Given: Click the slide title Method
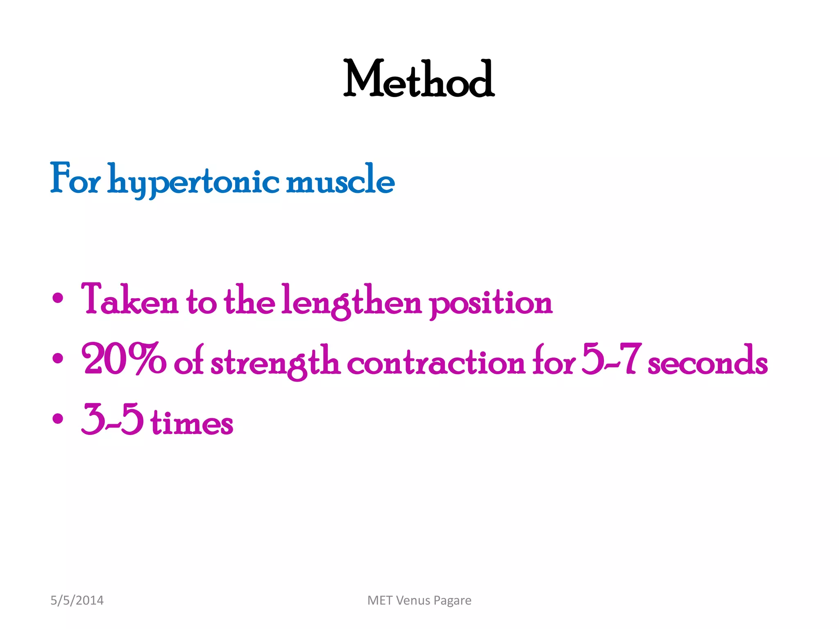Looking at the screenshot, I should pyautogui.click(x=419, y=79).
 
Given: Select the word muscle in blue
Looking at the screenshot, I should pyautogui.click(x=340, y=180).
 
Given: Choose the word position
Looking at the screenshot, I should pyautogui.click(x=491, y=303).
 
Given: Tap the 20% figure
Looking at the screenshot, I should pyautogui.click(x=124, y=360).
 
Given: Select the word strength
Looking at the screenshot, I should pyautogui.click(x=275, y=362).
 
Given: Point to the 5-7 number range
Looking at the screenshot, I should pyautogui.click(x=610, y=360).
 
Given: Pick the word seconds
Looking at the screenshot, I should pyautogui.click(x=707, y=362).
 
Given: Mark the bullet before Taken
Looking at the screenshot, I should pyautogui.click(x=58, y=299).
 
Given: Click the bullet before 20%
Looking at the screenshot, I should pyautogui.click(x=58, y=359).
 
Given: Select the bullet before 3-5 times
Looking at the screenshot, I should pyautogui.click(x=58, y=419).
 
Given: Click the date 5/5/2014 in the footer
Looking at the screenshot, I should pyautogui.click(x=77, y=600).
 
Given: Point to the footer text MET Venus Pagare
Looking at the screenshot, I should pyautogui.click(x=419, y=600).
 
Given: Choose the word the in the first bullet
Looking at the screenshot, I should pyautogui.click(x=249, y=301).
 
